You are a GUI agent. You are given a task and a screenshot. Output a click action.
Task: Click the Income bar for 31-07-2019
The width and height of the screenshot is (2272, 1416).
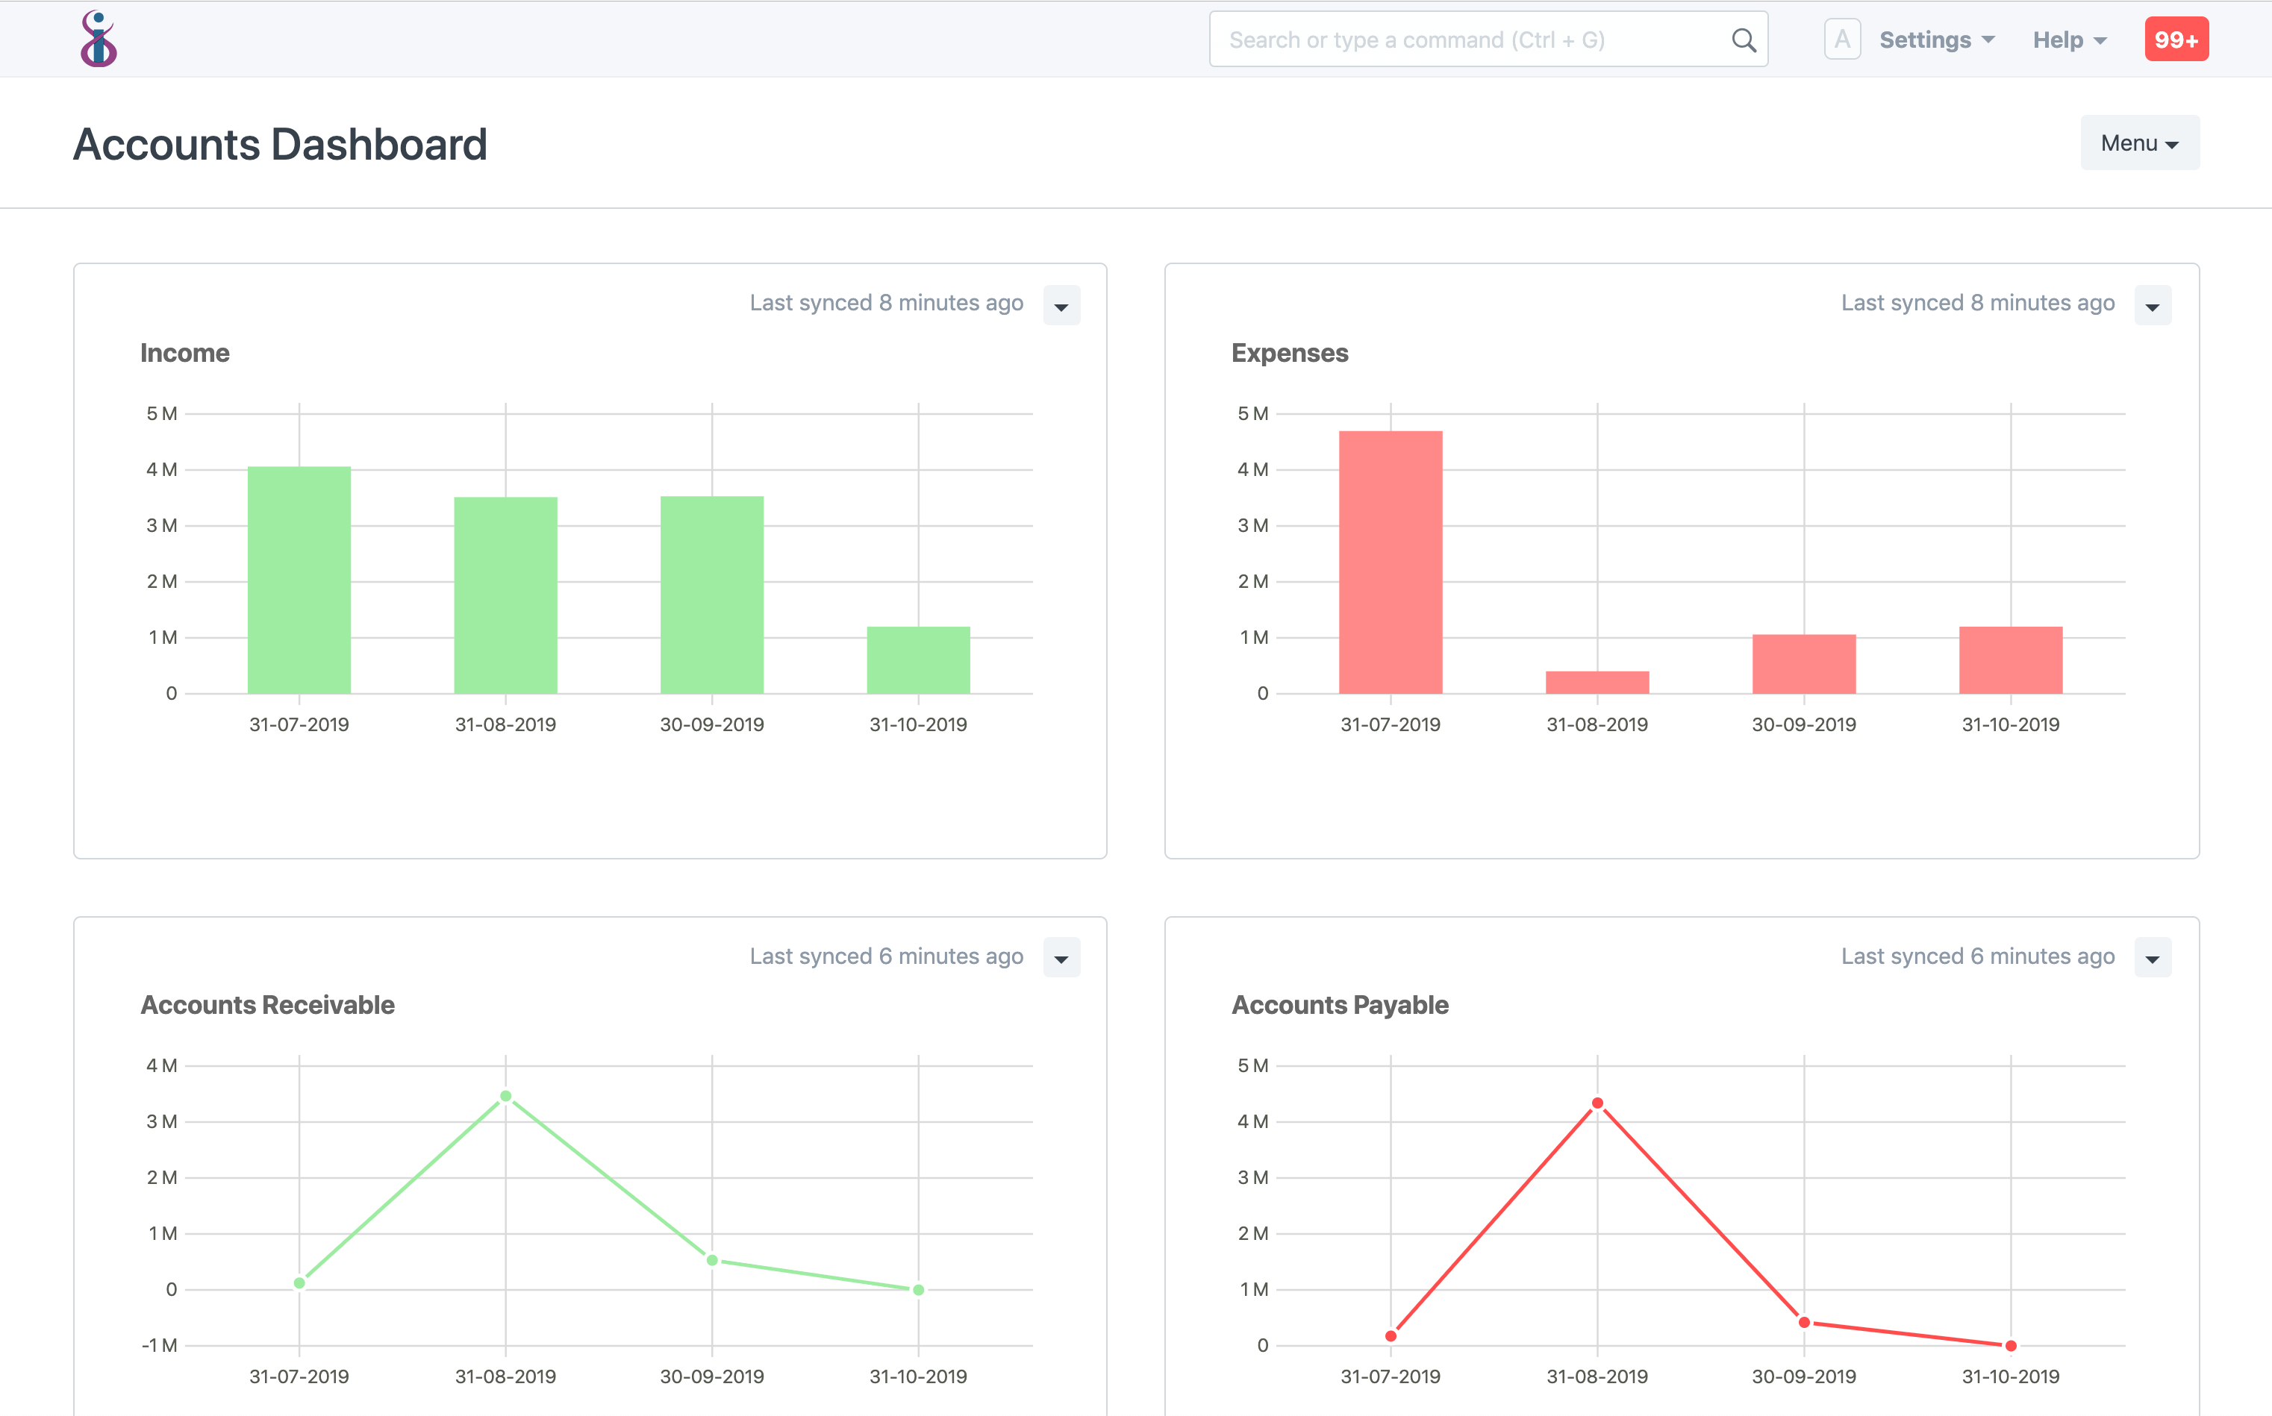(x=299, y=580)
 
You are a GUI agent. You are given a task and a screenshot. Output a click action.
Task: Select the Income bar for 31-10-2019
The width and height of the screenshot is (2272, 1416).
(x=918, y=660)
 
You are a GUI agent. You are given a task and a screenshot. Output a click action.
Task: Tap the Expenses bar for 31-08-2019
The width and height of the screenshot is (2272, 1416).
(x=1597, y=683)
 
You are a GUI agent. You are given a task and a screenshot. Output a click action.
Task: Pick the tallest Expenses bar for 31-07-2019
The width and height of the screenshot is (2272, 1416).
(x=1391, y=562)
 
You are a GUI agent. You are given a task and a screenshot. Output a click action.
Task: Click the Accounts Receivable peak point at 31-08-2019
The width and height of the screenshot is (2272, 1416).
(x=506, y=1096)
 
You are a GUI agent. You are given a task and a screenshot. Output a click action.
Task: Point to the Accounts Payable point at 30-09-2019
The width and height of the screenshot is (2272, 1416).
(x=1803, y=1322)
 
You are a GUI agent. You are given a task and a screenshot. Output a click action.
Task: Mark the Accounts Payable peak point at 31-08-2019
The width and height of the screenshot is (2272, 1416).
(x=1597, y=1103)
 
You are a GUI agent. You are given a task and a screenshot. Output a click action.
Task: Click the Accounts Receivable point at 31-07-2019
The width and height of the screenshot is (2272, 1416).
(x=299, y=1283)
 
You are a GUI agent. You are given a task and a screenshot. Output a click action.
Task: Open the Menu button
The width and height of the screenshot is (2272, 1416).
(x=2139, y=143)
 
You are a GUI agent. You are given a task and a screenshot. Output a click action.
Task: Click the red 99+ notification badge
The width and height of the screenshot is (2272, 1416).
(x=2176, y=40)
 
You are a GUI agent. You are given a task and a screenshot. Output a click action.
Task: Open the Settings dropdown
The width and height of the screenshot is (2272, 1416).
(x=1935, y=40)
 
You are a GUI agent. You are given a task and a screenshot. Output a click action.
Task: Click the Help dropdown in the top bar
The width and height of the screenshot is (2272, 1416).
(x=2069, y=40)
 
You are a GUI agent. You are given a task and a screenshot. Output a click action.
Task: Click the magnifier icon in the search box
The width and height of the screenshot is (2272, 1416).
(x=1743, y=40)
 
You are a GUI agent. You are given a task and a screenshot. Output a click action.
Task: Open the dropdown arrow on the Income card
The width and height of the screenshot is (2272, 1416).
(x=1061, y=306)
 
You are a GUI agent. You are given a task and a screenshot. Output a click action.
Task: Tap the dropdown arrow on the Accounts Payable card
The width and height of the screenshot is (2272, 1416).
(x=2152, y=958)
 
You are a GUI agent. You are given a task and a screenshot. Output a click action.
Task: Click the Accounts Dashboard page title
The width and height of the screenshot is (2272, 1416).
(x=280, y=144)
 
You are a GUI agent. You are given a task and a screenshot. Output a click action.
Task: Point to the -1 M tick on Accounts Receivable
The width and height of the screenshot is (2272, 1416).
(x=159, y=1345)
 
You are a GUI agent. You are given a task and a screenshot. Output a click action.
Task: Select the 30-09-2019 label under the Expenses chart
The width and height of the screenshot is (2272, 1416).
(x=1803, y=724)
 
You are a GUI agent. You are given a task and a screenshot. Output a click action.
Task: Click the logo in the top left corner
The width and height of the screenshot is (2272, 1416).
(x=99, y=40)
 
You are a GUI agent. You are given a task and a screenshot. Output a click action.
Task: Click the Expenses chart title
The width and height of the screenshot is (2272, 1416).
(x=1289, y=353)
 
